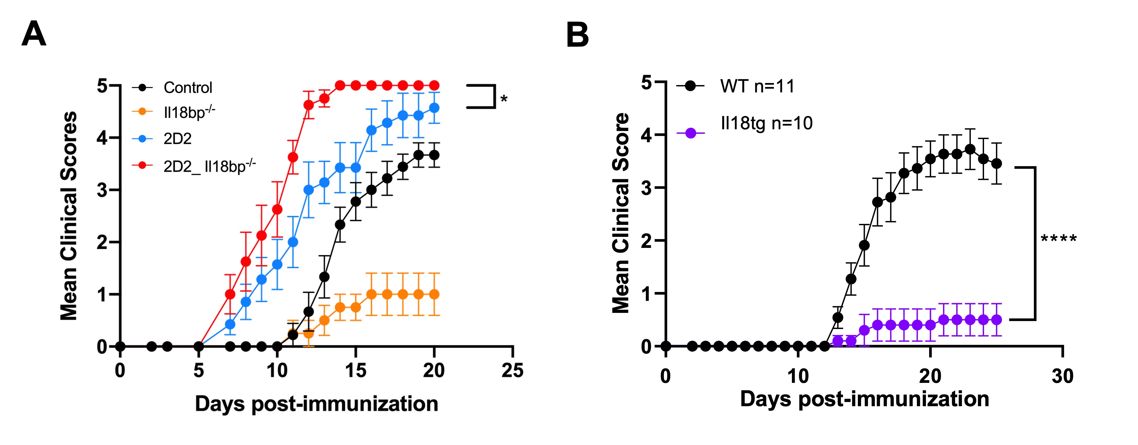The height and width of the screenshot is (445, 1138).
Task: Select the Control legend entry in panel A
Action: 188,87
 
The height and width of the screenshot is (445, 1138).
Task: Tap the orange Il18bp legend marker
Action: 142,112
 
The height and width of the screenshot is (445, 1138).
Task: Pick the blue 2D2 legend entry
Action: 177,139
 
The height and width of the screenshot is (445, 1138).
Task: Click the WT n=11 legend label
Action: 757,86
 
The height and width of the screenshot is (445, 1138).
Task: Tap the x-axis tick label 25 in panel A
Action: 512,370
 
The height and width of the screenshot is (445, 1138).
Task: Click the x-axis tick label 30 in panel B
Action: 1063,376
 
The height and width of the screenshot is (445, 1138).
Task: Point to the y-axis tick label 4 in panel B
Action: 646,135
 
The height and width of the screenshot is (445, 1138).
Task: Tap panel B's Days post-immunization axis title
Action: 864,399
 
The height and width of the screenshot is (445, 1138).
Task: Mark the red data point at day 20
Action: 434,85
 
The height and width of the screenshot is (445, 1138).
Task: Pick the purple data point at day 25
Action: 997,319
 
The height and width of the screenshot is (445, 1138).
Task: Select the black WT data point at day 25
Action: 997,164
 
